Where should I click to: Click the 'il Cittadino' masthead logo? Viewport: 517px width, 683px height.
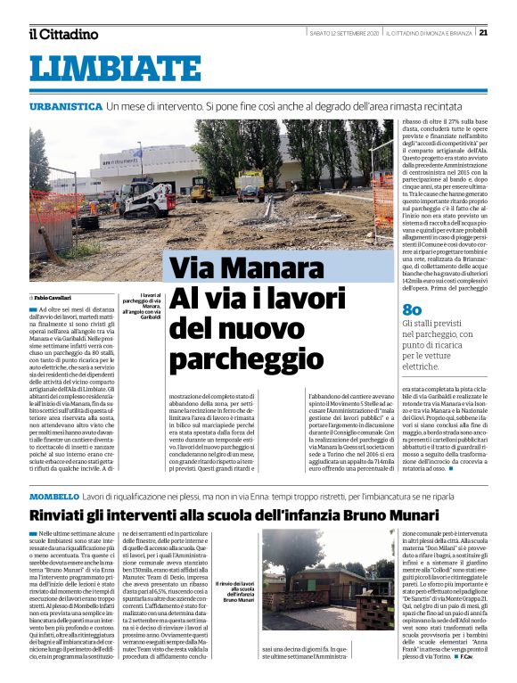(63, 34)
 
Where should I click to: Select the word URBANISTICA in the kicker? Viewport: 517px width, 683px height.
(65, 106)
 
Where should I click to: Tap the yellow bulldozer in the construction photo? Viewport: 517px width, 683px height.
(201, 188)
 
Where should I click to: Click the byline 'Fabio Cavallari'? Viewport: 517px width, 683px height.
(53, 297)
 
